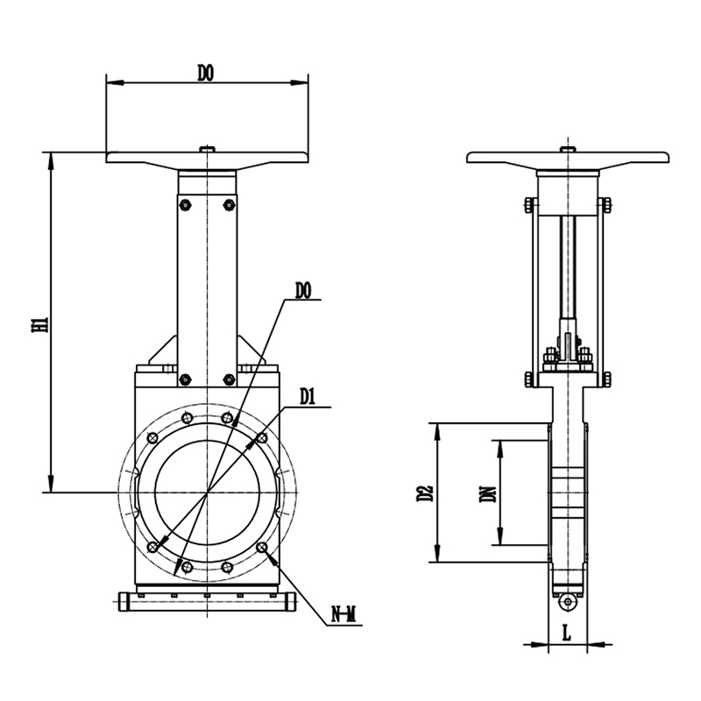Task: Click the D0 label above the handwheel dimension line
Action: (x=206, y=74)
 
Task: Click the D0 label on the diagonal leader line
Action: (x=302, y=291)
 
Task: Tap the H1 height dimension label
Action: (x=39, y=324)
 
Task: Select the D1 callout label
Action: (x=308, y=397)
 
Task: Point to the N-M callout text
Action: (x=343, y=615)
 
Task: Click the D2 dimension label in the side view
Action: (x=425, y=492)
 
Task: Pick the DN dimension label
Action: (x=487, y=494)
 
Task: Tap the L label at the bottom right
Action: (x=566, y=634)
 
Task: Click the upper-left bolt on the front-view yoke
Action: (x=185, y=205)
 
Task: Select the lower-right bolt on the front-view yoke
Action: (x=229, y=379)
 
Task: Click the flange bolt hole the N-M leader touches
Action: (x=262, y=547)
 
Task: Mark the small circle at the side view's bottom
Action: (x=568, y=602)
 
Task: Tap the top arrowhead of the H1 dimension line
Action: (x=52, y=160)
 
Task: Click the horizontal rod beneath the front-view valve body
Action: (x=208, y=601)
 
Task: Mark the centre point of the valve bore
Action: (x=207, y=492)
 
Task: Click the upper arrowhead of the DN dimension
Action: (x=500, y=449)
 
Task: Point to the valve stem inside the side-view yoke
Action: (x=568, y=267)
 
